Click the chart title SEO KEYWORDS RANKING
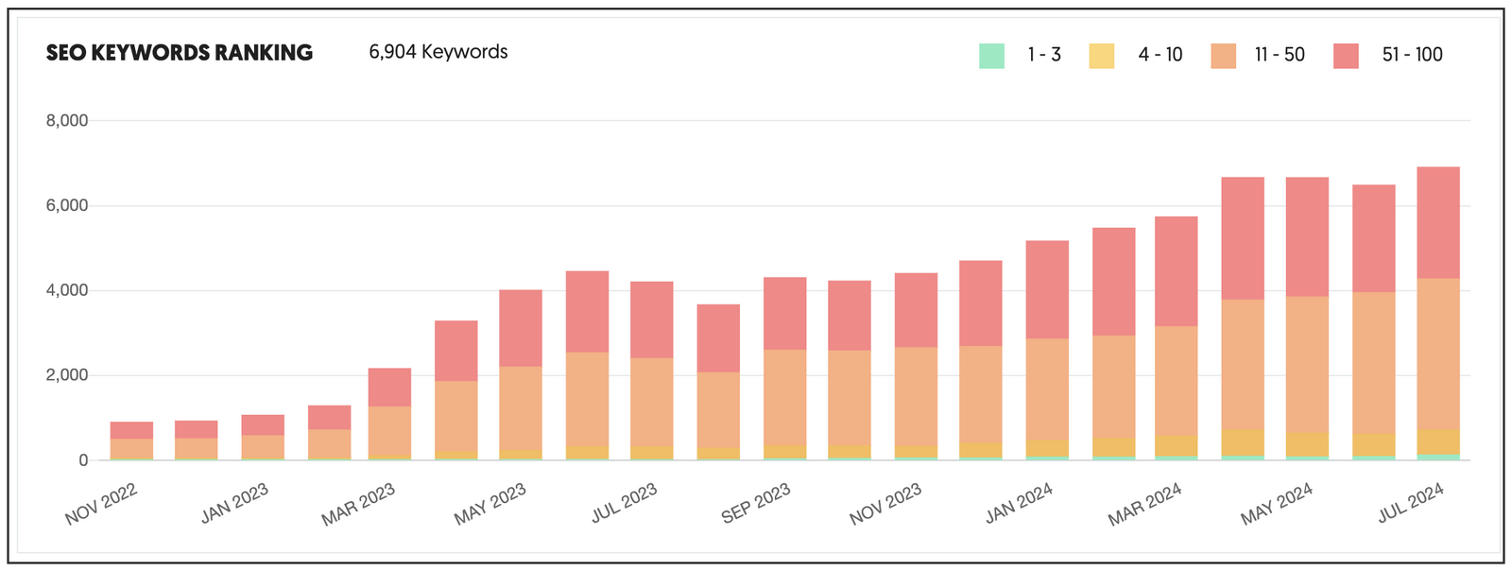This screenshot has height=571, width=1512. coord(180,53)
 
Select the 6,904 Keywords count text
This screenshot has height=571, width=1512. coord(438,52)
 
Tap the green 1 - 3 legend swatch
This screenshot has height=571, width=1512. coord(991,56)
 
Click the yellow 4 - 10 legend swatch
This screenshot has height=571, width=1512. coord(1102,56)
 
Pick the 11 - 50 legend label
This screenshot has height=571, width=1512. coord(1280,55)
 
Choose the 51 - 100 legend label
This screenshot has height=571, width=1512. coord(1412,55)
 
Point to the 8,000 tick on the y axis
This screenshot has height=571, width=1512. coord(67,121)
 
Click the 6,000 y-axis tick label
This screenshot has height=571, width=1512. coord(67,206)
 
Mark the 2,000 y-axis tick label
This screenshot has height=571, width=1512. coord(67,375)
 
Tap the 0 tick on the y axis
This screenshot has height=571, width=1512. coord(83,460)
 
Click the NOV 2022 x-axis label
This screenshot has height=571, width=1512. coord(101,504)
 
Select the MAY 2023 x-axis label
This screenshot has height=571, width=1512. coord(490,504)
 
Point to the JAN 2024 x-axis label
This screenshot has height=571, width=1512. coord(1019,504)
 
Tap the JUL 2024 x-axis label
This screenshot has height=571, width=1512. coord(1411,503)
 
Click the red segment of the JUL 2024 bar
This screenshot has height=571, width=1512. coord(1438,223)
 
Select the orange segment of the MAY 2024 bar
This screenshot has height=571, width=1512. coord(1307,364)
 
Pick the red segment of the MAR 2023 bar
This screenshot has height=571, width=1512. coord(389,388)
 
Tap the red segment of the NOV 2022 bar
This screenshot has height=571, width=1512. coord(131,430)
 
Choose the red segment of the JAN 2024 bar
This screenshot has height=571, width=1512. coord(1047,289)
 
